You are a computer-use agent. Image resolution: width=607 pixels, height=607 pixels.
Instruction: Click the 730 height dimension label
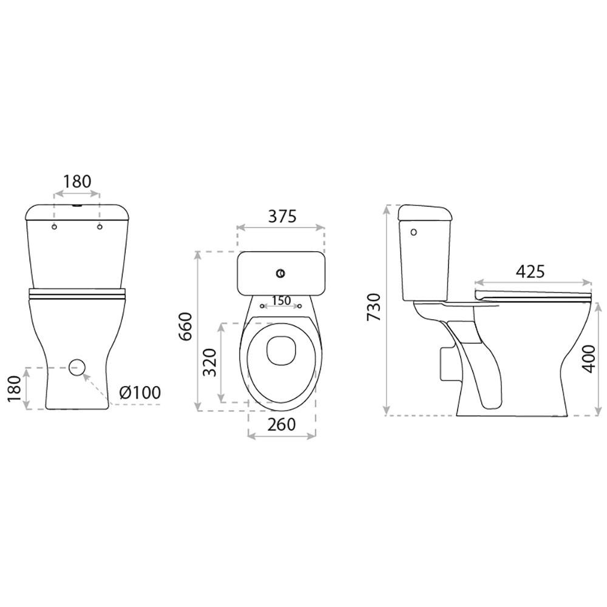click(x=375, y=307)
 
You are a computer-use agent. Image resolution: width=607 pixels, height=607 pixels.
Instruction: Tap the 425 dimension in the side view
click(x=531, y=272)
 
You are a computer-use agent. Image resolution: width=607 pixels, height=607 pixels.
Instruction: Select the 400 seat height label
click(x=589, y=359)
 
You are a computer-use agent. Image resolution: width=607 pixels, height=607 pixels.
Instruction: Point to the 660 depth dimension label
click(x=185, y=326)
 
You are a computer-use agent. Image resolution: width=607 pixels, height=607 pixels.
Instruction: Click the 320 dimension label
click(x=210, y=362)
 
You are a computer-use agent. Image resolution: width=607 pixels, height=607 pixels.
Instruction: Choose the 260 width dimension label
click(x=282, y=424)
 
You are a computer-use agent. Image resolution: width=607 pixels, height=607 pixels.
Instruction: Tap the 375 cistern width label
click(x=282, y=217)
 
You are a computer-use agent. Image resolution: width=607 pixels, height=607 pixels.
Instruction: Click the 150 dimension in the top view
click(x=281, y=300)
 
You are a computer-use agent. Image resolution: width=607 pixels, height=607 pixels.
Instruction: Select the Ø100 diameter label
click(x=140, y=393)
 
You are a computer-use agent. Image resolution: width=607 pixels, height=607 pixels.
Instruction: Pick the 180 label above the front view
click(x=77, y=181)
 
